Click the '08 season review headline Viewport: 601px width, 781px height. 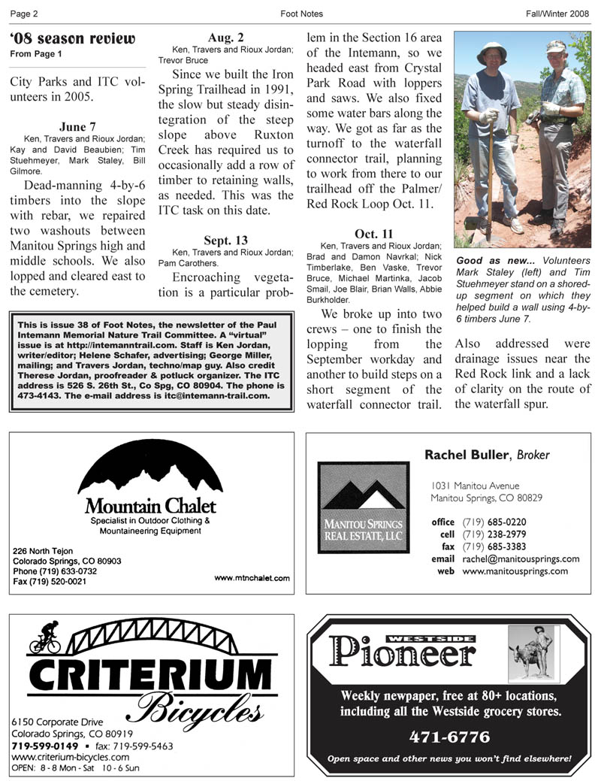73,38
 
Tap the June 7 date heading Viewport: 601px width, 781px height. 77,127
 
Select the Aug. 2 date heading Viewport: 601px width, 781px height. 225,37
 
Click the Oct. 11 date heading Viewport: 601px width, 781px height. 373,234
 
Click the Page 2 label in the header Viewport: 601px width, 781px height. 25,14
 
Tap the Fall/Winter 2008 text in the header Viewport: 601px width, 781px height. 557,14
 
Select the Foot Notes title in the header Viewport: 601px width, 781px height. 301,14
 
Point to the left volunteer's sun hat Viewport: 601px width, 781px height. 492,50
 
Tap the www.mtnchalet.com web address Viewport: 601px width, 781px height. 252,578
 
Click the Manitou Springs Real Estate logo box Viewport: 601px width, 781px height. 364,507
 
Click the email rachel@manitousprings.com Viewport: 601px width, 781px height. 521,559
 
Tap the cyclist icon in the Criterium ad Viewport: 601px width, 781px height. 45,638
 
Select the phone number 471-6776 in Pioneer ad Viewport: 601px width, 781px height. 449,737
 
